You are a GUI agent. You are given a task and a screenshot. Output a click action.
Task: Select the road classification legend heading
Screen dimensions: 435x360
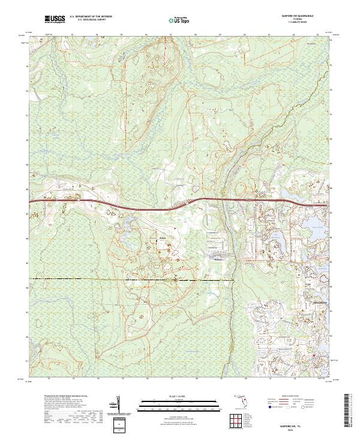[x=295, y=397]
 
